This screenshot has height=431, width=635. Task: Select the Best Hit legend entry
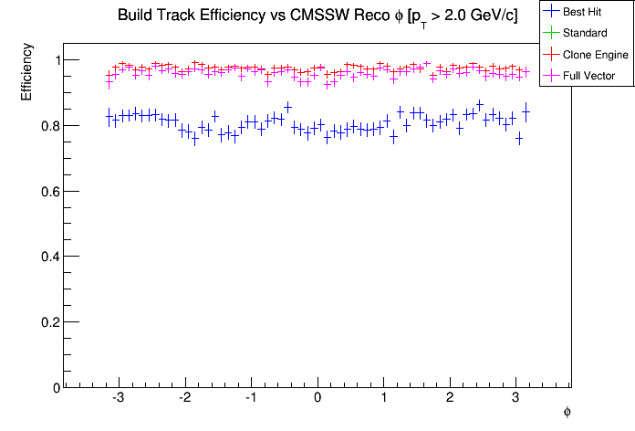586,13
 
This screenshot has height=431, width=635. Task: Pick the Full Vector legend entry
588,76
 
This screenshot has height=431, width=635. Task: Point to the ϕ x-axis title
567,412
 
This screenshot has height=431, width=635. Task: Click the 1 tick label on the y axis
55,60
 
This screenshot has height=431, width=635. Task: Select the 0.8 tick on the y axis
51,126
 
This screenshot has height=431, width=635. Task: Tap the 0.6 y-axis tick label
51,192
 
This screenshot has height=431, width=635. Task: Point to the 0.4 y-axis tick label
51,258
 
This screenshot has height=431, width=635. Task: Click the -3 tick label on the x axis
118,399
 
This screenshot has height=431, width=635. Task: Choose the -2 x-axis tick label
183,399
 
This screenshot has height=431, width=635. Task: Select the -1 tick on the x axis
250,399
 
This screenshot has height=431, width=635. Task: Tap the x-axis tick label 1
384,399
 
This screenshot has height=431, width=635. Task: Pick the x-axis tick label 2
450,399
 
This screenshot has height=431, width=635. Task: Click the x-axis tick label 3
516,399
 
